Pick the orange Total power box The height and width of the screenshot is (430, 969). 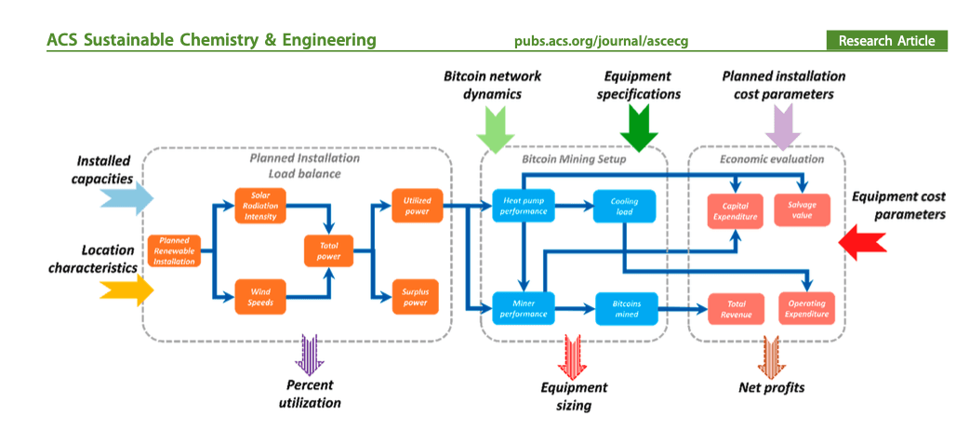(x=327, y=249)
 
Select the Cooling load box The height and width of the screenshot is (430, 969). (x=624, y=207)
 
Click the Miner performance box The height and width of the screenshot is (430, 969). (x=523, y=308)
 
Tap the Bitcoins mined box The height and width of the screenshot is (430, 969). (x=626, y=308)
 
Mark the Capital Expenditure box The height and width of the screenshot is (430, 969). (x=736, y=209)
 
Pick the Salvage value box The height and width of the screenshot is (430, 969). (x=803, y=209)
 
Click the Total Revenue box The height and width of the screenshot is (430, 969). (x=736, y=309)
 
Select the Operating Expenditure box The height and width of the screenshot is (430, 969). (x=805, y=309)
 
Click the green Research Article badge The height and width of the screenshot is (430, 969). (x=886, y=41)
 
